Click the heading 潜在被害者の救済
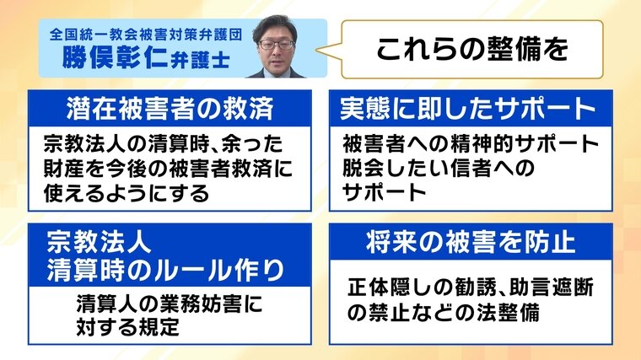(x=170, y=109)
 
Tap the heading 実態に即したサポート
(x=467, y=109)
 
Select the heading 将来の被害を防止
(x=471, y=242)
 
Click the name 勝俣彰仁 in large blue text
(x=115, y=57)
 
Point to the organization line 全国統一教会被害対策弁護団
(x=146, y=35)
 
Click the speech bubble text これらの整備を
(x=472, y=49)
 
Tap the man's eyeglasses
(x=277, y=44)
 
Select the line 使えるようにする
(x=127, y=193)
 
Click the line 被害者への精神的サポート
(x=471, y=143)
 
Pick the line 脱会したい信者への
(x=439, y=168)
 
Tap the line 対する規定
(x=128, y=327)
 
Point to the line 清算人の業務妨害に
(x=170, y=304)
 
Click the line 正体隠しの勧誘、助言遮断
(x=471, y=287)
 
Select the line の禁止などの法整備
(x=444, y=313)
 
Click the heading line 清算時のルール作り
(x=165, y=270)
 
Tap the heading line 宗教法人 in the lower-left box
(x=99, y=242)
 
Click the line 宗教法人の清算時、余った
(x=163, y=144)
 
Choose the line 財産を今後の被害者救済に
(x=168, y=169)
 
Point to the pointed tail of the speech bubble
(x=317, y=51)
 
